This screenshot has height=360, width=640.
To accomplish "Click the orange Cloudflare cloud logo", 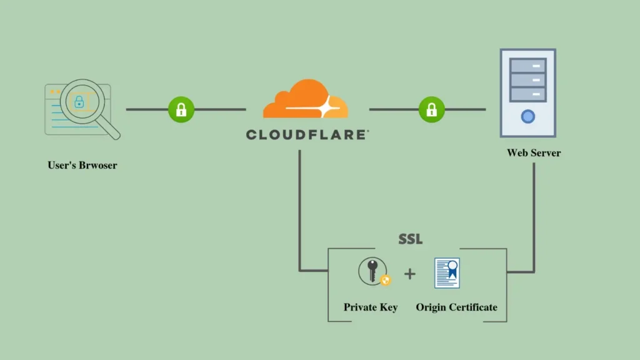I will [305, 100].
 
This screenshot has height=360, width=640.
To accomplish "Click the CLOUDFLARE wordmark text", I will [307, 134].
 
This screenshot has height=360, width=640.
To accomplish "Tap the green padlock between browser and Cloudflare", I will [181, 110].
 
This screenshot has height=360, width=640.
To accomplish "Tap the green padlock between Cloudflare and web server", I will [431, 110].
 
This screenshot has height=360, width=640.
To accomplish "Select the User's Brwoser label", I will [82, 166].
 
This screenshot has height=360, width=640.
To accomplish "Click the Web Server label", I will [534, 152].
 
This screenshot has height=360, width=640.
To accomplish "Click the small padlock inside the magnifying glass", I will [79, 101].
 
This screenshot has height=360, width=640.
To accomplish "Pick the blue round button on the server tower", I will [528, 116].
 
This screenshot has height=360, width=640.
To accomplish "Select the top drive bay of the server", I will [528, 65].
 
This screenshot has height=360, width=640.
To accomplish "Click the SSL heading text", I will [411, 239].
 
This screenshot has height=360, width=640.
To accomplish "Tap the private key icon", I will [372, 272].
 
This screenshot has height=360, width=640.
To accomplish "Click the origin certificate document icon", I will [447, 273].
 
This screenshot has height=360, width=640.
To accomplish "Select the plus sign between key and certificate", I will [409, 274].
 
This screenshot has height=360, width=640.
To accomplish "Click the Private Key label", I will [371, 307].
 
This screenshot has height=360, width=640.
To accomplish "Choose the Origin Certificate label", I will [457, 307].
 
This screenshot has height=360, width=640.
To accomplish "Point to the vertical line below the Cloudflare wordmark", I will [300, 206].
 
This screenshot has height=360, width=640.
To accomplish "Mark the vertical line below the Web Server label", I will [534, 212].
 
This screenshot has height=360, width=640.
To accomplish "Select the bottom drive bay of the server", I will [528, 94].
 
